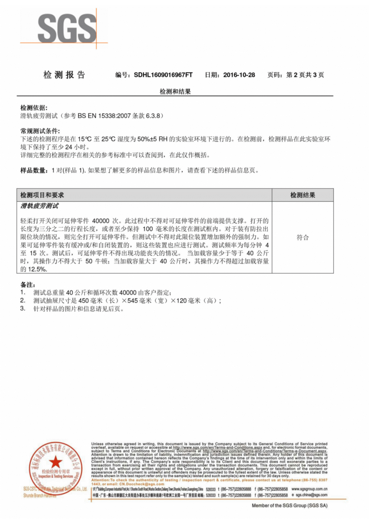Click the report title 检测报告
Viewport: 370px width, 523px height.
64,75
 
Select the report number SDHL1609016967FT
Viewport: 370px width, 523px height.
163,75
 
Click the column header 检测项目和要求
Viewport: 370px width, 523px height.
42,195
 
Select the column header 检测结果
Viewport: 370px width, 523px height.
303,195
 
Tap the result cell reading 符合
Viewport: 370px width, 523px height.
303,238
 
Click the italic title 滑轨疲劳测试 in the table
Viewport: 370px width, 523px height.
40,206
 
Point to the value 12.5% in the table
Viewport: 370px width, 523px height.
34,269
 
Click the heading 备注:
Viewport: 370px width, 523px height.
27,285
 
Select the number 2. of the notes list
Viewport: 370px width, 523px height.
23,301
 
